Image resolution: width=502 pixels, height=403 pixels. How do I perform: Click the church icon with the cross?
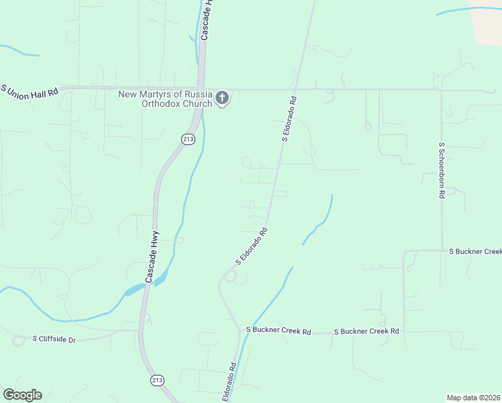pyautogui.click(x=222, y=99)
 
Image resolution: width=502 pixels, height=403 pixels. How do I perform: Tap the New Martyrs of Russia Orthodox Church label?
pyautogui.click(x=165, y=99)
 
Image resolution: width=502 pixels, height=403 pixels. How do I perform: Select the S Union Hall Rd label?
pyautogui.click(x=30, y=92)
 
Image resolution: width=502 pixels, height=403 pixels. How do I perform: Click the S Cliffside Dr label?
pyautogui.click(x=54, y=340)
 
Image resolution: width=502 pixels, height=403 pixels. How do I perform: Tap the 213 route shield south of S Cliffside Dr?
pyautogui.click(x=156, y=380)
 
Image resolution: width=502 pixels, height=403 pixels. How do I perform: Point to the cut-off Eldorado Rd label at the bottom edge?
pyautogui.click(x=230, y=383)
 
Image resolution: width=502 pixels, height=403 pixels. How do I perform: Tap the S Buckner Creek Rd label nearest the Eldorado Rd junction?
pyautogui.click(x=279, y=331)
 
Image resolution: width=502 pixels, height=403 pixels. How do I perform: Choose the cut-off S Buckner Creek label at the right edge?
pyautogui.click(x=475, y=251)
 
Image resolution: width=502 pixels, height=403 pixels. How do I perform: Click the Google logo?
pyautogui.click(x=22, y=395)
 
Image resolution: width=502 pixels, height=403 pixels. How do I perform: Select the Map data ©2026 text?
pyautogui.click(x=473, y=397)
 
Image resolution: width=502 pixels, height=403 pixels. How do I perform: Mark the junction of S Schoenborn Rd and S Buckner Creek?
pyautogui.click(x=442, y=251)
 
